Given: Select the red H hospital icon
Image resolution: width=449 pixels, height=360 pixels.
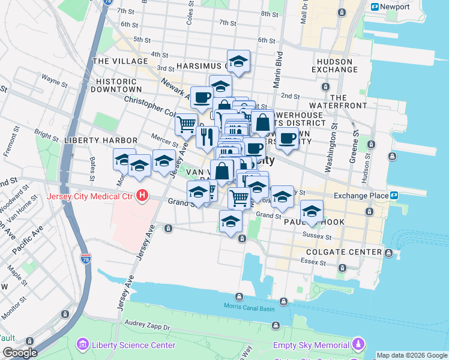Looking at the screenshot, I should (x=142, y=196).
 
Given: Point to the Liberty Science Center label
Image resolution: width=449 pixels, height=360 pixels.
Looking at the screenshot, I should (x=133, y=345).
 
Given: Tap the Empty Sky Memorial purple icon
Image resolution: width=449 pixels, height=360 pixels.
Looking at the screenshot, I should (x=358, y=344).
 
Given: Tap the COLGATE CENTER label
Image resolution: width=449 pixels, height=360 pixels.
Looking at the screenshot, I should (x=343, y=252).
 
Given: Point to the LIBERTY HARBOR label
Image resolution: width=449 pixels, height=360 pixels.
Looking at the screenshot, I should (x=100, y=140).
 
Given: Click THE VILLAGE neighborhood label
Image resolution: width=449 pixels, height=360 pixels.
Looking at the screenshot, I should (x=120, y=61).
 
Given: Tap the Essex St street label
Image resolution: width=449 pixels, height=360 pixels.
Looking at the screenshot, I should (x=310, y=262).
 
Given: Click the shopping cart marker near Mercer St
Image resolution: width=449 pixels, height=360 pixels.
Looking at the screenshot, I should (x=186, y=124).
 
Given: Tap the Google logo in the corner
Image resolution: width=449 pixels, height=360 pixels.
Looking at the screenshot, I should (x=19, y=353).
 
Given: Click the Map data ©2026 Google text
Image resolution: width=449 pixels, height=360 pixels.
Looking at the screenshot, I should (x=411, y=355).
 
